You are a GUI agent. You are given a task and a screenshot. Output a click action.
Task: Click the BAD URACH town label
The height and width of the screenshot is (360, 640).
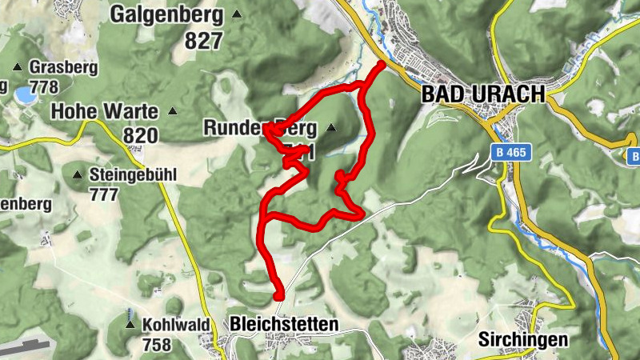482,94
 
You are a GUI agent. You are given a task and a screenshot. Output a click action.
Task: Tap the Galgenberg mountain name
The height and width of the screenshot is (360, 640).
169,14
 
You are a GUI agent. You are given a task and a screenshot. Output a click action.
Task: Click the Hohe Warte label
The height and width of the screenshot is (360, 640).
104,111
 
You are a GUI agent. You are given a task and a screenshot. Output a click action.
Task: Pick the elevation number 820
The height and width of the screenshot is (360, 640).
141,136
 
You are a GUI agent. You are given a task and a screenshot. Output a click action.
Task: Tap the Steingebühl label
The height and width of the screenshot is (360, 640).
133,174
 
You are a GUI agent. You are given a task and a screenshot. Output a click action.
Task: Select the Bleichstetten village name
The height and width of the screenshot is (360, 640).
283,324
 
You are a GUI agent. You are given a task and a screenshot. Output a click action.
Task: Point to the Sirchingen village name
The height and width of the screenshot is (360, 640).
523,339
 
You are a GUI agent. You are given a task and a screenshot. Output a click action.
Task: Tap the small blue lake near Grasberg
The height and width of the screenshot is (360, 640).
24,95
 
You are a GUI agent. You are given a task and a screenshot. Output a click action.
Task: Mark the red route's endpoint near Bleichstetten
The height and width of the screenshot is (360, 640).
278,296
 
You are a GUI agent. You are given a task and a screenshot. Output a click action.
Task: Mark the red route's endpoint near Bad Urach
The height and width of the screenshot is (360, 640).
381,64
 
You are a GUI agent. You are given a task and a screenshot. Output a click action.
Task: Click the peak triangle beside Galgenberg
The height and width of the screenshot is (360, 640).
236,14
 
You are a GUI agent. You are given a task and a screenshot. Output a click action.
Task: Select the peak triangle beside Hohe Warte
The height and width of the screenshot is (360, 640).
172,111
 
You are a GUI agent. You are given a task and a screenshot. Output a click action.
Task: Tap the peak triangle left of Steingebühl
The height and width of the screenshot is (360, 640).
78,174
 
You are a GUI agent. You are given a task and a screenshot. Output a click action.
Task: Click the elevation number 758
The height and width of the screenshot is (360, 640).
156,345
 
